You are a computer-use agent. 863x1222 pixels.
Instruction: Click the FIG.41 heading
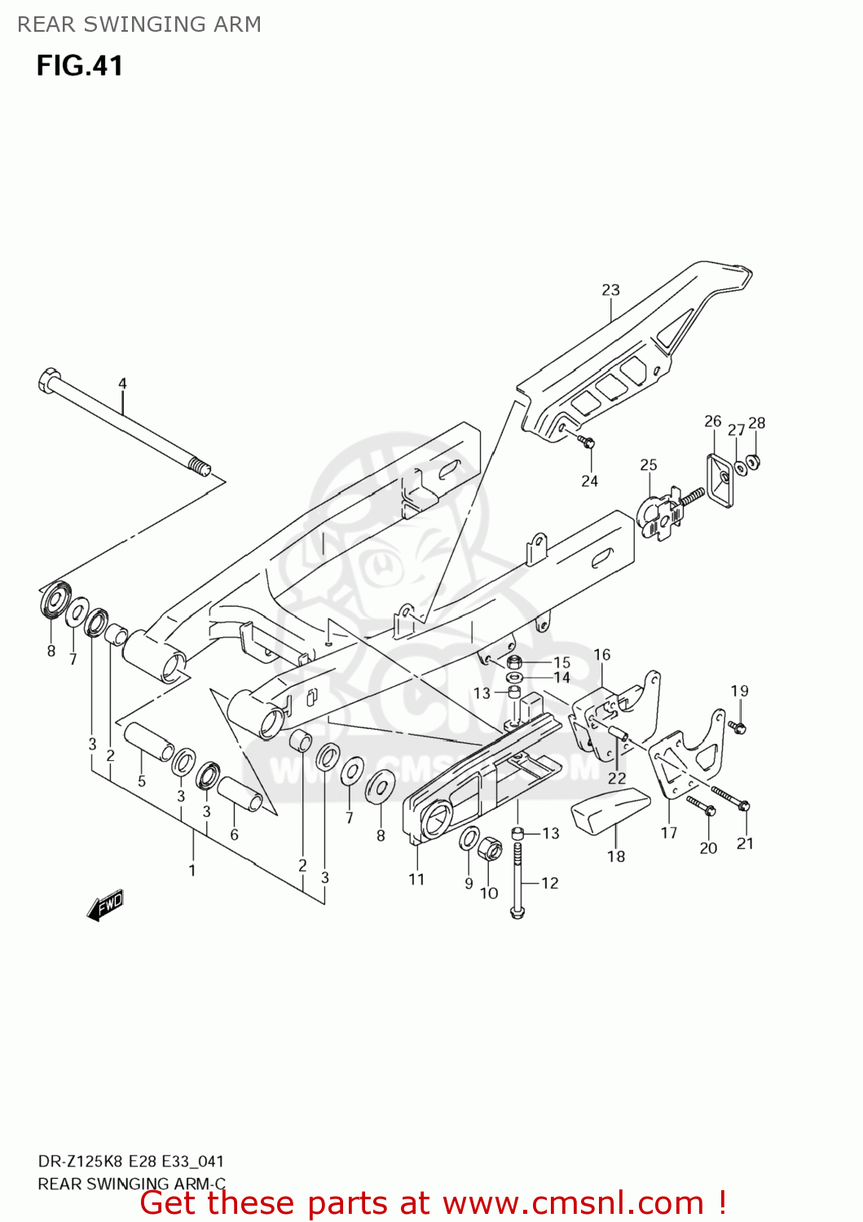point(79,66)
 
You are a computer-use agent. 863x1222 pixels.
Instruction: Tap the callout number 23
point(610,290)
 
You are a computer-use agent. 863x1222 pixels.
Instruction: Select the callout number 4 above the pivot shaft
point(122,383)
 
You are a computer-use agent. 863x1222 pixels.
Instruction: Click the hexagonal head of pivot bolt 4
point(48,380)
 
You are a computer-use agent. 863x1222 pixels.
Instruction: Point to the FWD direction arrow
point(105,904)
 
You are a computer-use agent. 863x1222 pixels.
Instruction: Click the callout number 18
point(616,856)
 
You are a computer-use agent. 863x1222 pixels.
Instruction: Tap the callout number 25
point(648,464)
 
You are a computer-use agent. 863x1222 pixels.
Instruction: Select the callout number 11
point(416,879)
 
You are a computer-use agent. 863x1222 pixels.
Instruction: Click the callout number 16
point(601,654)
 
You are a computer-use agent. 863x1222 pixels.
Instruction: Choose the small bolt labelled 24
point(587,442)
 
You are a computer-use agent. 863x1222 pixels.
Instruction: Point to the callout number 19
point(739,691)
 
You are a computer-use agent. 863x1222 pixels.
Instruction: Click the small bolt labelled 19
point(738,727)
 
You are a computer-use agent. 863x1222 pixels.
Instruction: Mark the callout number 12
point(550,883)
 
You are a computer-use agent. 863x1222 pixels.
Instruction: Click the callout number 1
point(192,870)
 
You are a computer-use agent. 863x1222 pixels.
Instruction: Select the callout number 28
point(757,423)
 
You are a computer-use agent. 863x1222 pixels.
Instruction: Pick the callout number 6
point(235,834)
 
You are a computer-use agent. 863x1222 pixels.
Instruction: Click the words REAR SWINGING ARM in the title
point(139,24)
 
